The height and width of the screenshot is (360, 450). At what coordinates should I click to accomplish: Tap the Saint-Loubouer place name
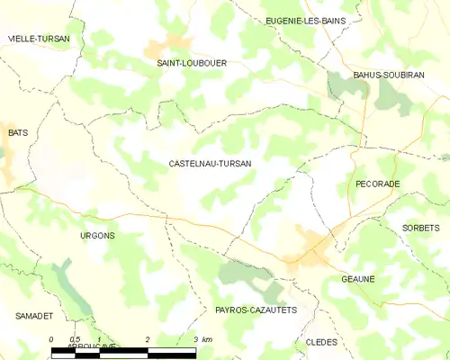pyautogui.click(x=192, y=63)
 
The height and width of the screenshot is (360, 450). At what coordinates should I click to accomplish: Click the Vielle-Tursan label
pyautogui.click(x=39, y=39)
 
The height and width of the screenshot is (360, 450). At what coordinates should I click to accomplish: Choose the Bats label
pyautogui.click(x=18, y=132)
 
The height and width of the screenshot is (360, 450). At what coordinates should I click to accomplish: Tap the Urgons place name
pyautogui.click(x=97, y=236)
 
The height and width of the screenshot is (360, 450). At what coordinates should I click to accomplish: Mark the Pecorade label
pyautogui.click(x=378, y=184)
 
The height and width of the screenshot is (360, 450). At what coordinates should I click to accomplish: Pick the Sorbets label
pyautogui.click(x=421, y=228)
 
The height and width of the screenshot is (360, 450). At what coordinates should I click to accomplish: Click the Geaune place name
pyautogui.click(x=357, y=279)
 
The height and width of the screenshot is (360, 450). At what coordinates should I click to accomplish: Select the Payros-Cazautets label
pyautogui.click(x=256, y=310)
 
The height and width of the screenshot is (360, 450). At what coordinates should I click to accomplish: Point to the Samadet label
pyautogui.click(x=34, y=317)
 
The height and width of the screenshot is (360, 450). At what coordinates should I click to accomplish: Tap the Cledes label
pyautogui.click(x=321, y=342)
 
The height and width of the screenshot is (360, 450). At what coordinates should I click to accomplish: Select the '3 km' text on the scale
pyautogui.click(x=202, y=339)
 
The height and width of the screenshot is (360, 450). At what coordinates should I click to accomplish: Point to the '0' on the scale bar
pyautogui.click(x=52, y=339)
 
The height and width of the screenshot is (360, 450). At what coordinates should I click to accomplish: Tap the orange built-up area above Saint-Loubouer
pyautogui.click(x=169, y=44)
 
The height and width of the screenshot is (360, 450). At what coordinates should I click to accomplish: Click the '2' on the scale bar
pyautogui.click(x=147, y=339)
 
